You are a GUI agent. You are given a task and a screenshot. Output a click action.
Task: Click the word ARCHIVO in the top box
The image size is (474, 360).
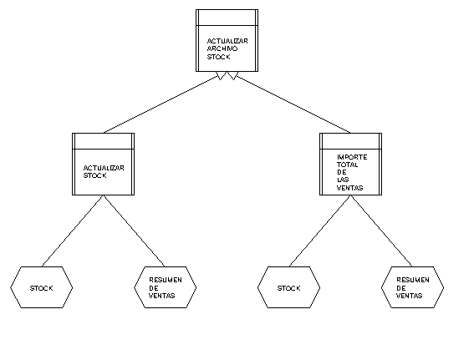(222, 48)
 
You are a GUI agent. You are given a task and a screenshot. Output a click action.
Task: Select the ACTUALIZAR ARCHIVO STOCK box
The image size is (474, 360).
(227, 40)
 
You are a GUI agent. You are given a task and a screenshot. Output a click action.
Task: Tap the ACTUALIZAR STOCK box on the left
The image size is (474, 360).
(104, 164)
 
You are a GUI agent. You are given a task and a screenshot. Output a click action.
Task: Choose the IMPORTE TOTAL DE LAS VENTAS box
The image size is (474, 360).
(350, 164)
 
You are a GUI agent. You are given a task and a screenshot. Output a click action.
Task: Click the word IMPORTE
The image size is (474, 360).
(352, 157)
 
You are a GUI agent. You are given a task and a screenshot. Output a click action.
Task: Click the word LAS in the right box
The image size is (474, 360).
(343, 180)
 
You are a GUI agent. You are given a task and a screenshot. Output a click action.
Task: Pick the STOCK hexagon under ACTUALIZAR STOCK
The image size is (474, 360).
(42, 287)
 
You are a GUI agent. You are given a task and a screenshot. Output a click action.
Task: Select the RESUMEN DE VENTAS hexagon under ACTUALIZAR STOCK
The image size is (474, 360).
(165, 287)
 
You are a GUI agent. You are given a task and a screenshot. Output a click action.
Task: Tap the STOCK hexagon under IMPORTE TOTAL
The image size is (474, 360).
(288, 287)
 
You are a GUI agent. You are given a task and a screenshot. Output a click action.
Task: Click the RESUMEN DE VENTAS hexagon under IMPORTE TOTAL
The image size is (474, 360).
(413, 287)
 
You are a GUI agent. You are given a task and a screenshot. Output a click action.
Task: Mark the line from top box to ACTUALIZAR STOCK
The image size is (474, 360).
(161, 105)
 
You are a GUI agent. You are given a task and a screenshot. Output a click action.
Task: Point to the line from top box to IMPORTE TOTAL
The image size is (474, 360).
(293, 104)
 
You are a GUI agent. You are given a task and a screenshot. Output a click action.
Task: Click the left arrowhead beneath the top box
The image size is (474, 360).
(221, 75)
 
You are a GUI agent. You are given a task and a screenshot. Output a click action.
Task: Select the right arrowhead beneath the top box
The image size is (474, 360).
(233, 75)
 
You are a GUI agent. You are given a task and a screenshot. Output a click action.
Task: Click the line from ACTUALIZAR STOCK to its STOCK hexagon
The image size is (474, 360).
(73, 231)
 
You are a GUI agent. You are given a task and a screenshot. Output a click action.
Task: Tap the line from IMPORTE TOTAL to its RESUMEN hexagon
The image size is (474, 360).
(381, 231)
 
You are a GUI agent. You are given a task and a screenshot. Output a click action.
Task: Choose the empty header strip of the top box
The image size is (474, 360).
(227, 18)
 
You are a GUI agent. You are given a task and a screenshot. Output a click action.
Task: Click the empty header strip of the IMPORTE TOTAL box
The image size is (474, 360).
(350, 141)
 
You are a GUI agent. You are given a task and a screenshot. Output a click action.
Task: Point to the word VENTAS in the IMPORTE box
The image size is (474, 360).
(349, 188)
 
